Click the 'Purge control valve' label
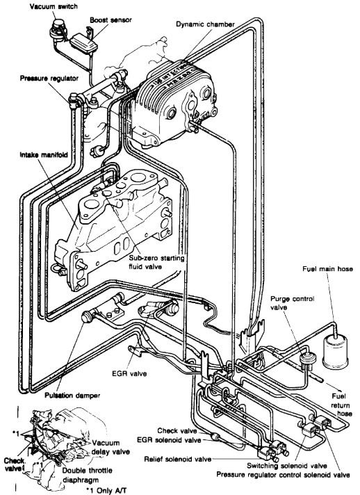(x=291, y=302)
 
